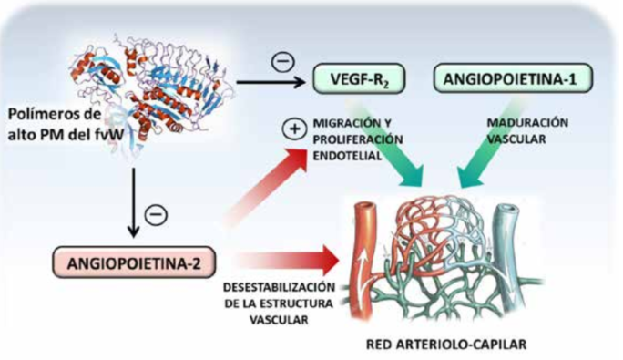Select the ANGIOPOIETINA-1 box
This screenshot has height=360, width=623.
[x=512, y=79]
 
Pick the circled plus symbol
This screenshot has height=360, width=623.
[x=293, y=129]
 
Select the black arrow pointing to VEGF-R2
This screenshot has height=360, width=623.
[x=273, y=82]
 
